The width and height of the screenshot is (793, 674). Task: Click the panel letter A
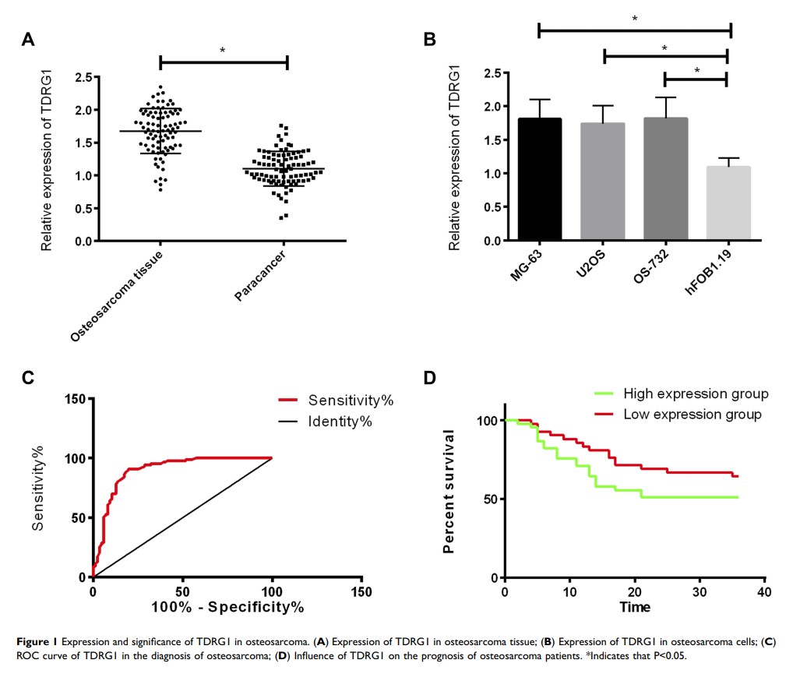coord(28,39)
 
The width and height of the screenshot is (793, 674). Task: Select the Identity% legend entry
coord(340,422)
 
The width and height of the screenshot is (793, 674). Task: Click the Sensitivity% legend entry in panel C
coord(351,401)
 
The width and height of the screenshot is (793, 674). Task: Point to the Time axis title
coord(635,606)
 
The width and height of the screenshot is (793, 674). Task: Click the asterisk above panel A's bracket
coord(222,51)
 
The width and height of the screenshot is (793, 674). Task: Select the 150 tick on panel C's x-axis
coord(361,590)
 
